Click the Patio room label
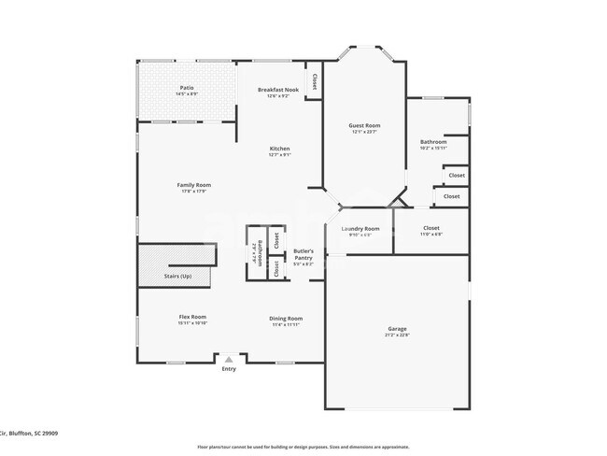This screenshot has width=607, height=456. pos(188,89)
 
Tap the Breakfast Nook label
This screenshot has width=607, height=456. pos(277,90)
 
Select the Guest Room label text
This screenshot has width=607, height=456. pos(365,125)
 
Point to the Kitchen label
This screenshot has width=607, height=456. pos(279,149)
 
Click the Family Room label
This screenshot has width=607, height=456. pos(194,184)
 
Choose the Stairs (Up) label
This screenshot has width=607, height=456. pos(177,277)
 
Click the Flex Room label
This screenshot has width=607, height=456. pos(192,317)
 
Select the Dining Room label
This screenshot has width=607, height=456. pos(287,318)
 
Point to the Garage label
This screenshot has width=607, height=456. pos(397,328)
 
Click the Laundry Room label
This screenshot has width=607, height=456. pos(360,229)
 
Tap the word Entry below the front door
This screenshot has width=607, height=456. pos(229,369)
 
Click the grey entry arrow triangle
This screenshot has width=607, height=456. pos(229,358)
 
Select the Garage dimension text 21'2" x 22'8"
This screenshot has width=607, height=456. pos(397,335)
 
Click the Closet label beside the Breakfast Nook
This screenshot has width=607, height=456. pos(314,80)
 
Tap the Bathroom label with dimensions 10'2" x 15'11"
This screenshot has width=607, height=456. pos(433,142)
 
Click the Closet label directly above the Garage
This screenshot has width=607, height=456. pos(431,228)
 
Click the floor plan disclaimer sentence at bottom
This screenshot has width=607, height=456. pos(303,447)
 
